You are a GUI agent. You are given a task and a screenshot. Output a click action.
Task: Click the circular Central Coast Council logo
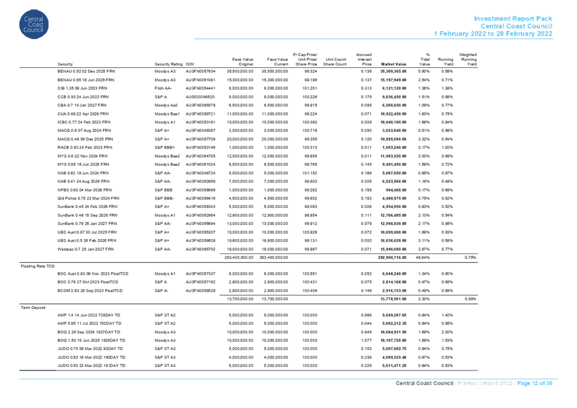click(34, 24)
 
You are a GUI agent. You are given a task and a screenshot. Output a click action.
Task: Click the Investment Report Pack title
click(514, 18)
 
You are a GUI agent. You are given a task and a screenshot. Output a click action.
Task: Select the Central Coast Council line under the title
click(516, 26)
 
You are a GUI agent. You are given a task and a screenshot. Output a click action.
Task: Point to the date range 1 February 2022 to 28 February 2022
click(493, 33)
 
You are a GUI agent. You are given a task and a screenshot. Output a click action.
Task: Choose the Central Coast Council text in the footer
click(423, 383)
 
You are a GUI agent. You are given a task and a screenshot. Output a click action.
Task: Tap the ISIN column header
click(189, 63)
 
